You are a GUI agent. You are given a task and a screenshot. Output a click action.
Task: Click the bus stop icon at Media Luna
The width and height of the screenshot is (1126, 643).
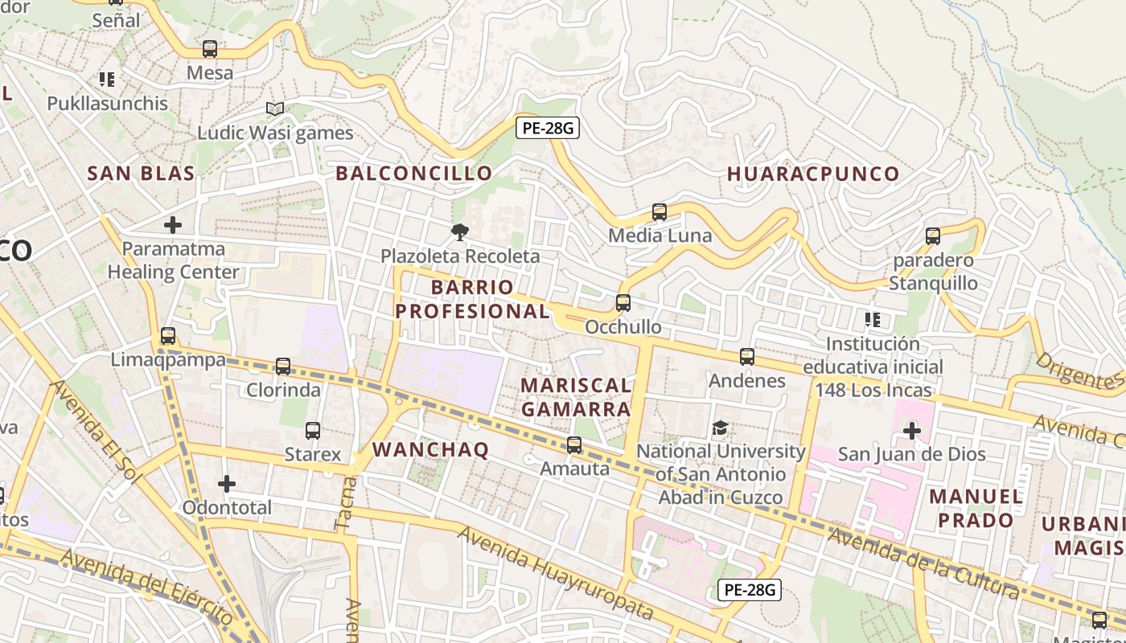[660, 212]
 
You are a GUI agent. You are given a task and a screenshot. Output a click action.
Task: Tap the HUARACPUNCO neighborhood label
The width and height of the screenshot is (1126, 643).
[813, 174]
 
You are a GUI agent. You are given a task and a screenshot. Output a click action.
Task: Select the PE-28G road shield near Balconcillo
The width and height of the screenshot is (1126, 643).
[547, 128]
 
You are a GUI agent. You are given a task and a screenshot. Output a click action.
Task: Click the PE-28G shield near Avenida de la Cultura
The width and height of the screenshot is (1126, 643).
[748, 590]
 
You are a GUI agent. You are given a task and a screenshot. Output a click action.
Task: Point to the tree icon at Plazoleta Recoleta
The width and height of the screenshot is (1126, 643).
[460, 233]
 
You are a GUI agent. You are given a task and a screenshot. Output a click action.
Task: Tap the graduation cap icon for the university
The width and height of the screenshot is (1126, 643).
[720, 428]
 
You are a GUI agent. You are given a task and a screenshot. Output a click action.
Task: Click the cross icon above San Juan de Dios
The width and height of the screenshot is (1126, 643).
[911, 431]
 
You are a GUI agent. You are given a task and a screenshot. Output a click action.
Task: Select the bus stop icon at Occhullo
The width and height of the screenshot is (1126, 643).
[623, 303]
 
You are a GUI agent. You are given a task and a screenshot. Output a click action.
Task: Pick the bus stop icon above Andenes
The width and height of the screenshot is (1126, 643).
[747, 357]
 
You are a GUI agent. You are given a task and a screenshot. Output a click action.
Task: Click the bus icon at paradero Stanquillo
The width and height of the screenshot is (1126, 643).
[933, 236]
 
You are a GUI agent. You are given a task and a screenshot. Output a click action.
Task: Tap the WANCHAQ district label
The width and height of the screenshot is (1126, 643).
[431, 450]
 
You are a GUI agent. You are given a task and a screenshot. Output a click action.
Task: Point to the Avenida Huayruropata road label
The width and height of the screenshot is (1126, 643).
[555, 572]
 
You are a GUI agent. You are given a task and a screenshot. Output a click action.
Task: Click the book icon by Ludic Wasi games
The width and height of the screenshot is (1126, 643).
[275, 109]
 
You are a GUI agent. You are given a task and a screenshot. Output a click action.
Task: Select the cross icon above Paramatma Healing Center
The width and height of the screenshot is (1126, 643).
[173, 225]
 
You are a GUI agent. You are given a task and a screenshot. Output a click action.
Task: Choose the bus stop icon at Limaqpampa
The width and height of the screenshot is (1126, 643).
[168, 336]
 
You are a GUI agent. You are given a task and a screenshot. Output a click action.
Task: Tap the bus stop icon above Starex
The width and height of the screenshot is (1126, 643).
[313, 431]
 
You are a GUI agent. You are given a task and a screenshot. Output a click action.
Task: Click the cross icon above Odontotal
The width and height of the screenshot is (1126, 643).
[227, 484]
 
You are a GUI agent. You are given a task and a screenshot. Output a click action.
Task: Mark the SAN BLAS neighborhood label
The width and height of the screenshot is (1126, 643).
[141, 174]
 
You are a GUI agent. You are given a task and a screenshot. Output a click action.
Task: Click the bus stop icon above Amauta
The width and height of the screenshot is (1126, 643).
[574, 444]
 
